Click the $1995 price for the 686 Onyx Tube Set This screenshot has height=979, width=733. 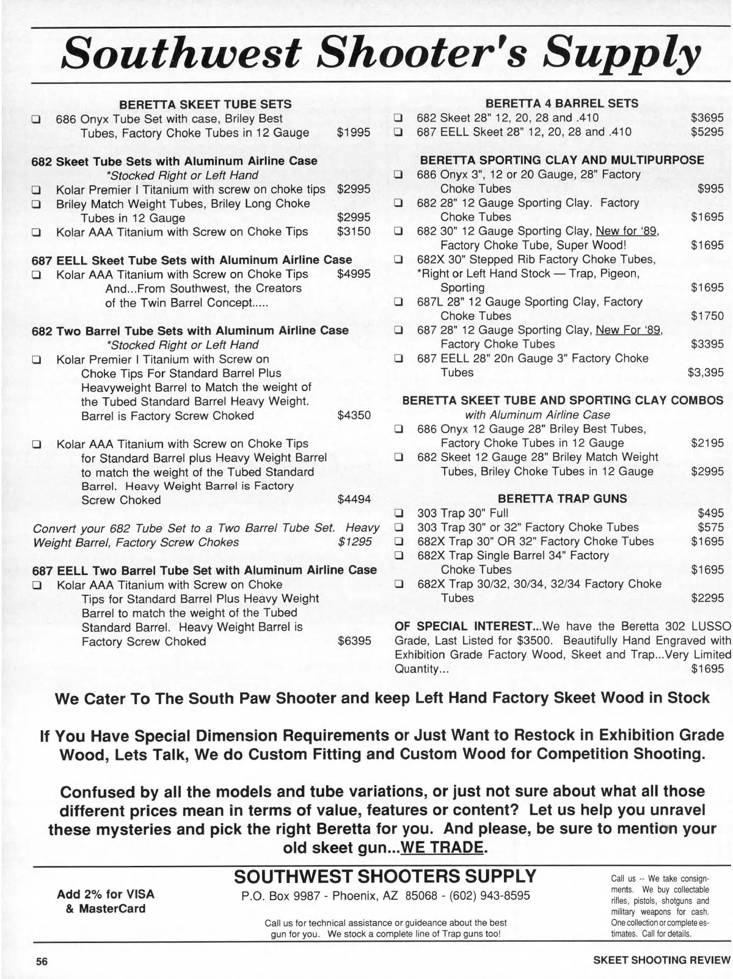click(354, 133)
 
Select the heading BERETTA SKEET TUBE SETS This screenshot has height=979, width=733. click(205, 104)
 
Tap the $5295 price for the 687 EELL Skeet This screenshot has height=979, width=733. click(707, 132)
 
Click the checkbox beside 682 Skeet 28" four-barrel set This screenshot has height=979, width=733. click(398, 119)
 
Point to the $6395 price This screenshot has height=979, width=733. click(354, 642)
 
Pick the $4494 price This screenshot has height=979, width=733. click(354, 500)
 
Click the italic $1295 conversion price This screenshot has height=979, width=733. click(355, 542)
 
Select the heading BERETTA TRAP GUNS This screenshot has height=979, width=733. click(562, 499)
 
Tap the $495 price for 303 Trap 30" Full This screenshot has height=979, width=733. click(711, 513)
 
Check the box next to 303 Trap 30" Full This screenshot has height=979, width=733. click(399, 513)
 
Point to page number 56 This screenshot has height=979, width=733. click(42, 961)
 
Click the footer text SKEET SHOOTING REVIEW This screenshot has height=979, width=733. click(662, 960)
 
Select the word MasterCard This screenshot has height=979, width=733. click(112, 909)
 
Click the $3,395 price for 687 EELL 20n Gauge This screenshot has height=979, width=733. click(706, 372)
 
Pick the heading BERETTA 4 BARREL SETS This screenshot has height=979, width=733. click(562, 104)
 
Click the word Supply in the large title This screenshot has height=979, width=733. click(622, 54)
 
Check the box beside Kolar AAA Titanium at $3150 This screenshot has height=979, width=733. click(37, 232)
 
